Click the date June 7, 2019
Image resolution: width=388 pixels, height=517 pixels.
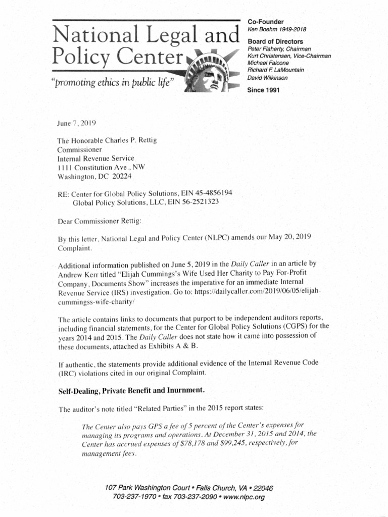pyautogui.click(x=77, y=123)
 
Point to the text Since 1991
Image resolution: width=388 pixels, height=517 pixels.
pyautogui.click(x=263, y=90)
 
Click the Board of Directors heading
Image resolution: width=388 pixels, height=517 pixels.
pyautogui.click(x=275, y=41)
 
